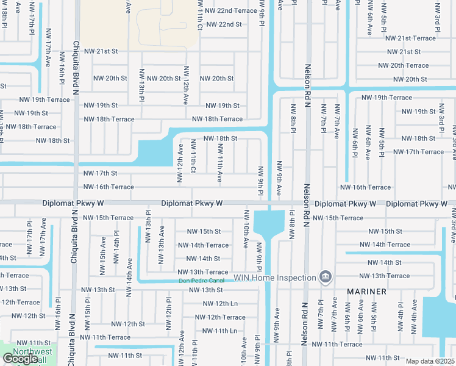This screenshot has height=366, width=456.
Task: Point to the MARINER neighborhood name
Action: coord(367,292)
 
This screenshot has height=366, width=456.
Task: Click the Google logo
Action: coord(20,359)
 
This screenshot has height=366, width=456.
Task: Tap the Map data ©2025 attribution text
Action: coord(429,361)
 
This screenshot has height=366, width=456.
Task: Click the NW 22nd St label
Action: coord(224,24)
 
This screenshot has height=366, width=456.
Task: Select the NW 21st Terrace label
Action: coord(408,38)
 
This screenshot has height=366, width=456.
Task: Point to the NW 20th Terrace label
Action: coord(403,65)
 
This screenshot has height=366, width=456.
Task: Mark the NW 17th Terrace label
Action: coord(418,152)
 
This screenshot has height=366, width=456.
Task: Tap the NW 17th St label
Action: coord(100,173)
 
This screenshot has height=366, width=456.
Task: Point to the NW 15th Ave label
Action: coord(102,261)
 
